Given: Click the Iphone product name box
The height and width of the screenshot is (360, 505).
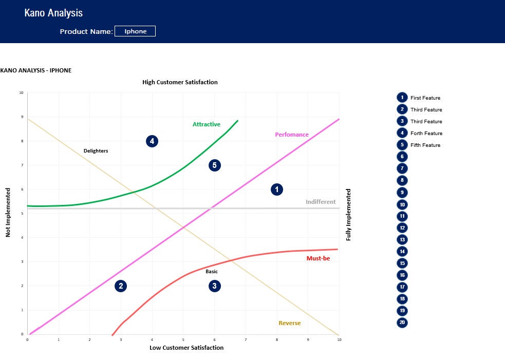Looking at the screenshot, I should click(x=135, y=31).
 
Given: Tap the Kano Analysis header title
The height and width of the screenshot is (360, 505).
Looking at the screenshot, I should click(x=53, y=13).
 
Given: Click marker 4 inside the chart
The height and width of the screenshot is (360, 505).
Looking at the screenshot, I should click(x=152, y=141).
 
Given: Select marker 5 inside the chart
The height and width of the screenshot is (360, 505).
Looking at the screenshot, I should click(x=215, y=165).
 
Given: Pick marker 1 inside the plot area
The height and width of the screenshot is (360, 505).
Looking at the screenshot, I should click(x=276, y=190).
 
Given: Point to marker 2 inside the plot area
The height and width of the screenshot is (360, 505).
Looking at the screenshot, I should click(x=121, y=286).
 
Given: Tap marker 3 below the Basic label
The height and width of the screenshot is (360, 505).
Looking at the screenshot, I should click(x=215, y=286).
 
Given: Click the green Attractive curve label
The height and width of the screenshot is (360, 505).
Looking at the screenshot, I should click(x=207, y=124).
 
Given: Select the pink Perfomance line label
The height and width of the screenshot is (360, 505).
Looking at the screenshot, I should click(x=292, y=135).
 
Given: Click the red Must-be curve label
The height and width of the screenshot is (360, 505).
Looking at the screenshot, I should click(x=318, y=258).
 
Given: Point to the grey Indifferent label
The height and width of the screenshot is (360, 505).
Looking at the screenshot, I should click(x=321, y=202).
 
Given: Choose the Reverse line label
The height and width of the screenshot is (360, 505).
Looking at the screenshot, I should click(x=290, y=323).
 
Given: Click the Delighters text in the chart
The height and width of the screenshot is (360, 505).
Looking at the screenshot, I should click(x=96, y=151).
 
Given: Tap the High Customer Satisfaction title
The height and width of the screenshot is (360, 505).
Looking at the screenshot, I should click(x=180, y=82).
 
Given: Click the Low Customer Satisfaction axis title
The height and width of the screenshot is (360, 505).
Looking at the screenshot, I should click(x=186, y=348).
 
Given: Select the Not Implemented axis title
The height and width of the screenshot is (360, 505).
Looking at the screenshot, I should click(x=8, y=213).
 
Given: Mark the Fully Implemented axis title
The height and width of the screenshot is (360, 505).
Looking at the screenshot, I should click(x=348, y=215).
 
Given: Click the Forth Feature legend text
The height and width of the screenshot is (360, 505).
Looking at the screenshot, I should click(x=426, y=134).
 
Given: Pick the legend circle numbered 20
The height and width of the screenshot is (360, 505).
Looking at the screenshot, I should click(x=402, y=323).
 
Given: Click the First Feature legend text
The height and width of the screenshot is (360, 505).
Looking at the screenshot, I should click(x=425, y=98).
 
